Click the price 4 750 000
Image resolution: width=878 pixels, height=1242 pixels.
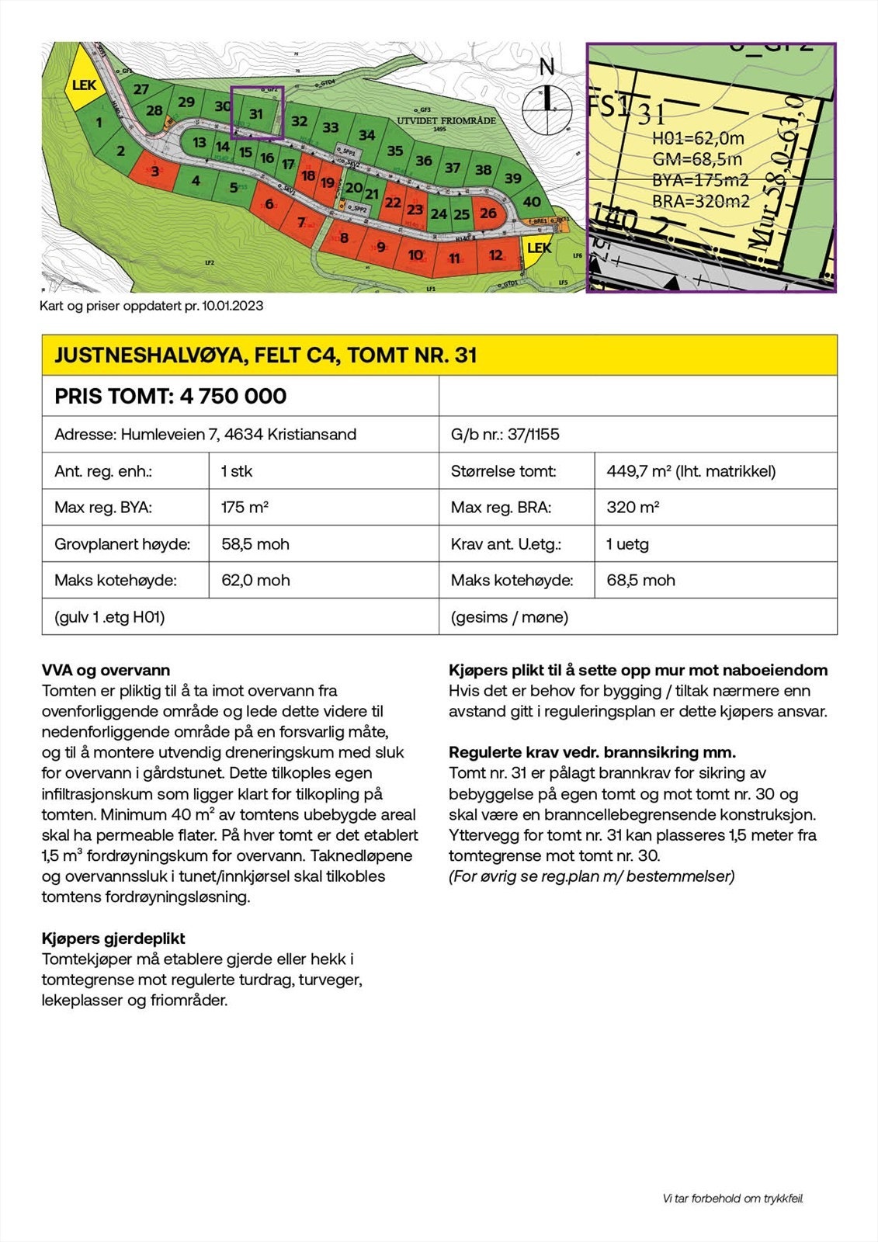tap(233, 396)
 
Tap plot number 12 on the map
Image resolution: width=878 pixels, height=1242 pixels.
tap(495, 255)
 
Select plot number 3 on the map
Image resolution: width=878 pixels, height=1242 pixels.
tap(155, 171)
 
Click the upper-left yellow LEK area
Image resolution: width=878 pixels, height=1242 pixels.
tap(83, 85)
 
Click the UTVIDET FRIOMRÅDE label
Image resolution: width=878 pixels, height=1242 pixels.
tap(446, 121)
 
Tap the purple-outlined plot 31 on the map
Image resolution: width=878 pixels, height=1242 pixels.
tap(257, 113)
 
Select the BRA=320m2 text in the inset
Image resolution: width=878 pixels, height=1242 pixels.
tap(700, 202)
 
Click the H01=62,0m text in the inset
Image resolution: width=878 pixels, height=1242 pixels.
tap(698, 139)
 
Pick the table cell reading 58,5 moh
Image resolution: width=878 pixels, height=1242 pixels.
tap(255, 544)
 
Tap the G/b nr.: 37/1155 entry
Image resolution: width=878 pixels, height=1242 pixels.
tap(505, 434)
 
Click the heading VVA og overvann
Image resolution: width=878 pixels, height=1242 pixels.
tap(106, 670)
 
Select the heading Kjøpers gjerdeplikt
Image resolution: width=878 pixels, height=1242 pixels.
tap(113, 938)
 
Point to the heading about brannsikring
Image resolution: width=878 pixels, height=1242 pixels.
tap(592, 752)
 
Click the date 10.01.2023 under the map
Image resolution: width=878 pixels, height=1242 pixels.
tap(234, 306)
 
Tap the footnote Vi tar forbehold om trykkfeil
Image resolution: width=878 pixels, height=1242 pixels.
tap(733, 1199)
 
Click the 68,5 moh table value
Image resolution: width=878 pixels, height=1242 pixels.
tap(640, 580)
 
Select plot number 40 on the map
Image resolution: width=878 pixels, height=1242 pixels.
tap(532, 202)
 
